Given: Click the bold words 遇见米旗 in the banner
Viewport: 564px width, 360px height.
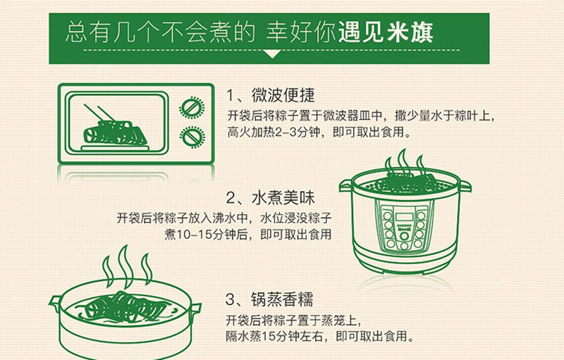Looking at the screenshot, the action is [x=385, y=32].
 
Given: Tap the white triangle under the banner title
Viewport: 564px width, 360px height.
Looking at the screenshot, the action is [x=272, y=54].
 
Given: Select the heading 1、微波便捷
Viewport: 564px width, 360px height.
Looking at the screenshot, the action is [x=271, y=96].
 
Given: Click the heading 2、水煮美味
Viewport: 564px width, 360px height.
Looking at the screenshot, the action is [x=271, y=198].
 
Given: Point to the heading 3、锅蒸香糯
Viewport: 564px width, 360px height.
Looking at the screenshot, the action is [x=269, y=299].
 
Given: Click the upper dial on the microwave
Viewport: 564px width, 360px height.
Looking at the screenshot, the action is [x=192, y=107].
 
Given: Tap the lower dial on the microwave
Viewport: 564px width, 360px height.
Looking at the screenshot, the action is [x=192, y=137].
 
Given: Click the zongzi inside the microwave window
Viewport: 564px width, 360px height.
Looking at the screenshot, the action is [x=115, y=132].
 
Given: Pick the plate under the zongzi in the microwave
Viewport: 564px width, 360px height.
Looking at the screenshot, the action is [x=115, y=148].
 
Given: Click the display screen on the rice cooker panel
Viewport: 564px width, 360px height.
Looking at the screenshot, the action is [x=404, y=217].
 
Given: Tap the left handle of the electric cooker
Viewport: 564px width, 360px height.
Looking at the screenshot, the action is [x=347, y=185].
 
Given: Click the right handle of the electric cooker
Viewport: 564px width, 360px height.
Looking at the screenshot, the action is [x=465, y=186].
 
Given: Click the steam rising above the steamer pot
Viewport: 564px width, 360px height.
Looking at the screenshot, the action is [x=127, y=267].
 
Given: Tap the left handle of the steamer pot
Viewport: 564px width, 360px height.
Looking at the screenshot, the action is [x=56, y=304].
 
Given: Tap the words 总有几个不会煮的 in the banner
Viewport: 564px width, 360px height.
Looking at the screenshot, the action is [x=161, y=32].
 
